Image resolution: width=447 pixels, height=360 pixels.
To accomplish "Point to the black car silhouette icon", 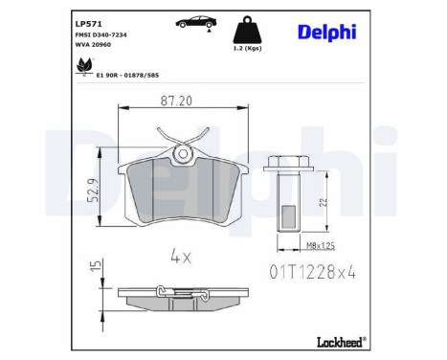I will [x=191, y=22].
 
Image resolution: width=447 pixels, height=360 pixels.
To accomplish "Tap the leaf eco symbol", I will [x=82, y=65].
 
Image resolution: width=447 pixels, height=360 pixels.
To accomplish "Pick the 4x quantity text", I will [x=182, y=256].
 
